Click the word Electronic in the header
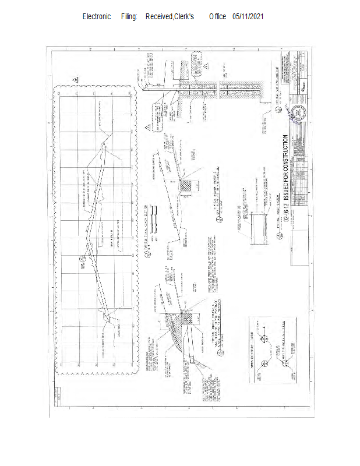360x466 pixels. pyautogui.click(x=96, y=17)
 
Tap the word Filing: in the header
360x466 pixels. pyautogui.click(x=129, y=17)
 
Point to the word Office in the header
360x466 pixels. pyautogui.click(x=217, y=17)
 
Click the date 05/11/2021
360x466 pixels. pyautogui.click(x=248, y=17)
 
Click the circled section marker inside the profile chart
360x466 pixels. pyautogui.click(x=89, y=249)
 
